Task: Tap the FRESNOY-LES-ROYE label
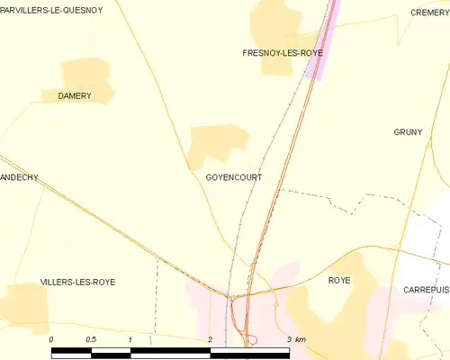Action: (283, 53)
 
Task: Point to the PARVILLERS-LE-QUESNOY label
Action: (51, 10)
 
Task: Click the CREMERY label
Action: (429, 13)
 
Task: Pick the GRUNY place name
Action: (408, 131)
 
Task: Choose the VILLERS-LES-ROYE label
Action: (77, 282)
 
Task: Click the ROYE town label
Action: (339, 281)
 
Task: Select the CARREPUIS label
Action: (426, 290)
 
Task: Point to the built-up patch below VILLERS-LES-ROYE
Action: (25, 302)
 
